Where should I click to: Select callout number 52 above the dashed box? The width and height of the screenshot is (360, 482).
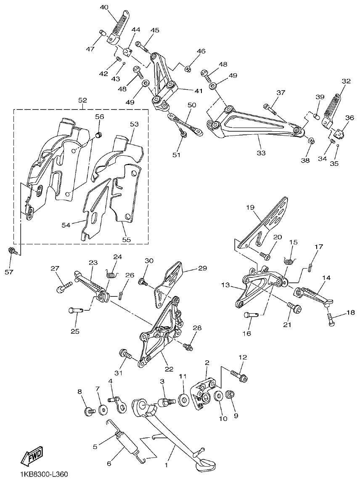pos(82,100)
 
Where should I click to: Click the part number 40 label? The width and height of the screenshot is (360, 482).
pos(104,7)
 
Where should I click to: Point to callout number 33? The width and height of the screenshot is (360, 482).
pos(261,153)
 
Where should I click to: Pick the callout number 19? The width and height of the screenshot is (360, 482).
pos(250,207)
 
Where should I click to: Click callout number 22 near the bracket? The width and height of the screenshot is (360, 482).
pos(169,369)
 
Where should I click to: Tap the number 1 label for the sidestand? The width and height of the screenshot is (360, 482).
pos(166,466)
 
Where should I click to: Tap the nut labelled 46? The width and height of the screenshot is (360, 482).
pos(188,68)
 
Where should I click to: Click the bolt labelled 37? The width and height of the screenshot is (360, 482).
pos(270,109)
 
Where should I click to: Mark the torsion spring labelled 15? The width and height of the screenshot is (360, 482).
pos(289,262)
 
